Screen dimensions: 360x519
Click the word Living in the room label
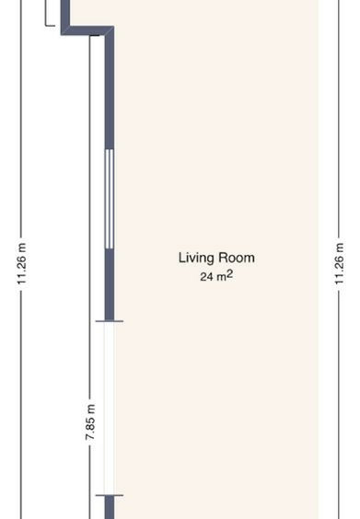[x=192, y=259]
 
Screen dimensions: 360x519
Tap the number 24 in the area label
[x=206, y=277]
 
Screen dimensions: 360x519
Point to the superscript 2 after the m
[x=229, y=274]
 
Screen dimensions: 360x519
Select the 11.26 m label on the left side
[x=21, y=264]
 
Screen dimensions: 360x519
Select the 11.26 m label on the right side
[x=339, y=264]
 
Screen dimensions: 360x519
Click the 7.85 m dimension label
[x=90, y=422]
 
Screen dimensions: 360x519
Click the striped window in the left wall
[x=110, y=199]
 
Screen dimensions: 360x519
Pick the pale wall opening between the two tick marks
[x=110, y=409]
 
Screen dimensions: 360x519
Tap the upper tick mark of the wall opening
[x=110, y=321]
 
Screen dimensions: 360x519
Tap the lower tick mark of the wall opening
[x=110, y=495]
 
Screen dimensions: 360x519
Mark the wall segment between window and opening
[x=110, y=284]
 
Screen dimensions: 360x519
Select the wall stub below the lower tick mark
[x=110, y=508]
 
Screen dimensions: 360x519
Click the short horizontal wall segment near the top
[x=87, y=30]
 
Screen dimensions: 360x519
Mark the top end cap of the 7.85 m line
[x=95, y=35]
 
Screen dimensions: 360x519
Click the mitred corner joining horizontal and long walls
[x=110, y=30]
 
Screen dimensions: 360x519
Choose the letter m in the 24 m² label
[x=221, y=278]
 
